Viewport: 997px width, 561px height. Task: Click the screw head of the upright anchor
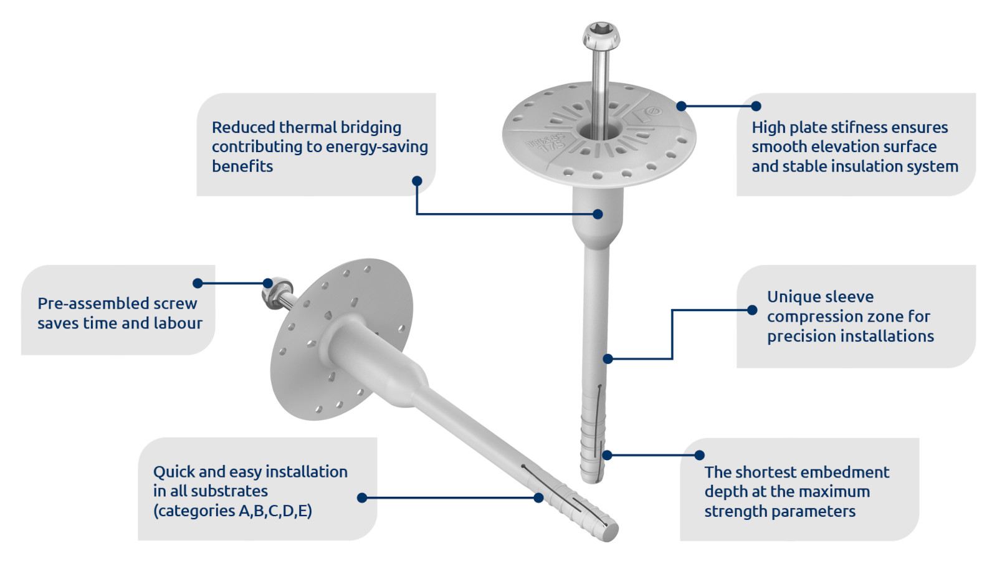[601, 36]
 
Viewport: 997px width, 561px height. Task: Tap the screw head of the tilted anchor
[277, 292]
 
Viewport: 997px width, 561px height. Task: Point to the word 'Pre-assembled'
[93, 304]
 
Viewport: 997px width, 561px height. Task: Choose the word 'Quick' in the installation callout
[174, 472]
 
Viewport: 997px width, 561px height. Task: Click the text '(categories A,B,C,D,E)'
[232, 511]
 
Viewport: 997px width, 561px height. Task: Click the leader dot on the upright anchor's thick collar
[598, 214]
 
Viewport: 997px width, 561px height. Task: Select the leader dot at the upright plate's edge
[682, 106]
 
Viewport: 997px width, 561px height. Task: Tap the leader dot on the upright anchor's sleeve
[608, 358]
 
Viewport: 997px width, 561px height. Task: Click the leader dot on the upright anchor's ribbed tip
[607, 455]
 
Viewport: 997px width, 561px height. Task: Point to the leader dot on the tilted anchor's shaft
[538, 498]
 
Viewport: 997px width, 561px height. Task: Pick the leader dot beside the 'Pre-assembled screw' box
[198, 283]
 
